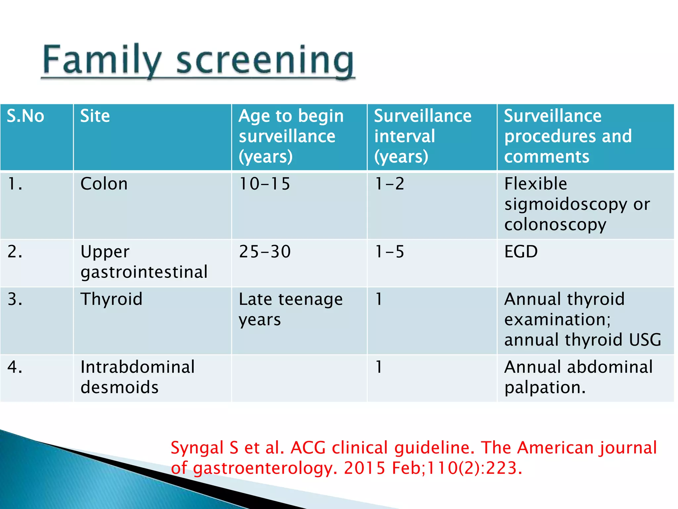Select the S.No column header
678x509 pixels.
[x=25, y=116]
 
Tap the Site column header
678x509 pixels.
[x=95, y=116]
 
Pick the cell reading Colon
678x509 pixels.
[x=104, y=184]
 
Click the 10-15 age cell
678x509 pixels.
[x=265, y=184]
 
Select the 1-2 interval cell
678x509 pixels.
[x=390, y=184]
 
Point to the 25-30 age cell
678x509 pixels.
[x=265, y=252]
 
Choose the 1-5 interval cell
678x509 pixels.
[x=390, y=252]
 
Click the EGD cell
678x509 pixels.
[x=521, y=252]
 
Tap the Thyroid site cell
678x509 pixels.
[x=112, y=299]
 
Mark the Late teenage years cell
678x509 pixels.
[x=290, y=309]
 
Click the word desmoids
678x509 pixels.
[x=120, y=387]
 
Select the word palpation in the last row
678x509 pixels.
[x=545, y=387]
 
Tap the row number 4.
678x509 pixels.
[x=15, y=367]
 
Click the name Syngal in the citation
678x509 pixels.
[x=197, y=448]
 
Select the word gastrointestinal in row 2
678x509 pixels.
[x=144, y=272]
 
